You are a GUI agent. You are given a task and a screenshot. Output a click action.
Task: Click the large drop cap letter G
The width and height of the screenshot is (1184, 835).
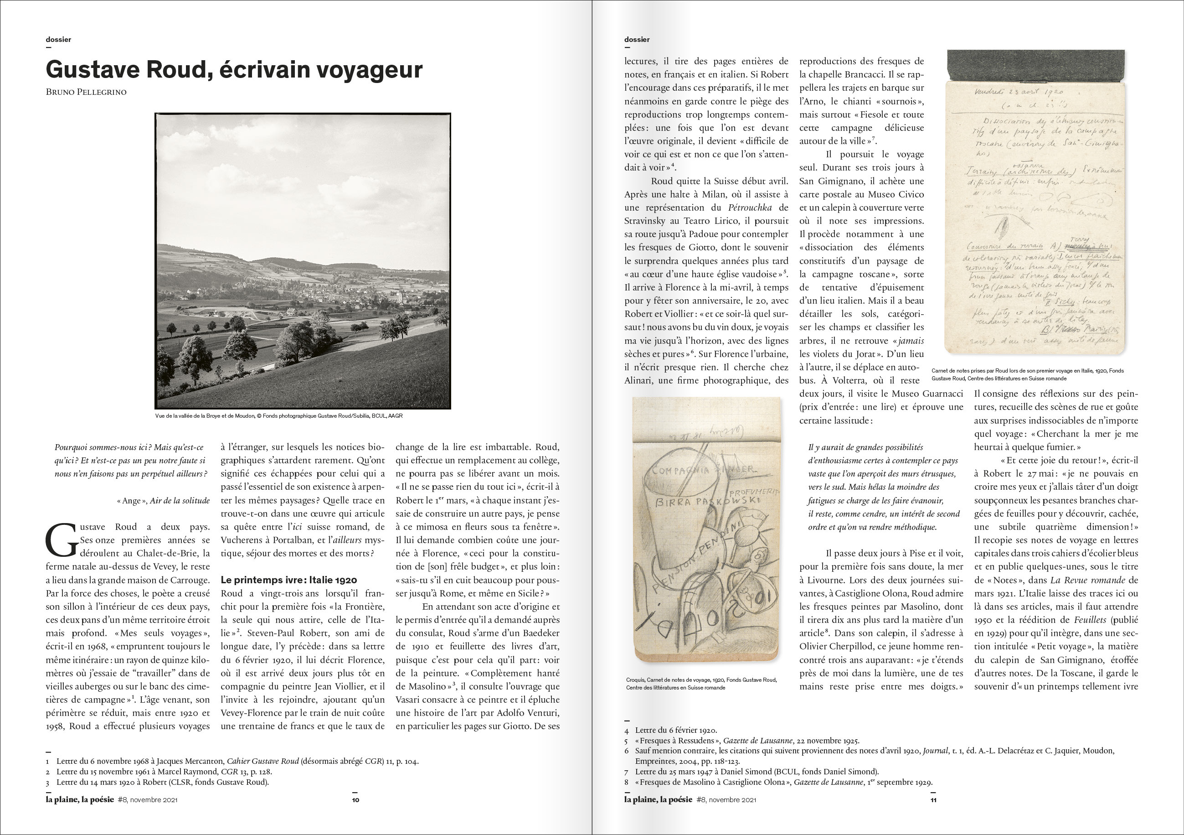(x=62, y=541)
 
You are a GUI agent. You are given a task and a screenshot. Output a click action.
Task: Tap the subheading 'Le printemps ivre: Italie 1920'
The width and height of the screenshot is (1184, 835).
(x=288, y=580)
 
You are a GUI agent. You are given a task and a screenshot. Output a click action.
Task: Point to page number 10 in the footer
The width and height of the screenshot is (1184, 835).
(x=355, y=800)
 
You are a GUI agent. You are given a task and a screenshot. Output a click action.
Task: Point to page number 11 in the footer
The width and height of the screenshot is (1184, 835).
(x=933, y=800)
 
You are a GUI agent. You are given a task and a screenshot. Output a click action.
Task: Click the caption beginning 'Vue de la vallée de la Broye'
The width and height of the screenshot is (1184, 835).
(x=278, y=416)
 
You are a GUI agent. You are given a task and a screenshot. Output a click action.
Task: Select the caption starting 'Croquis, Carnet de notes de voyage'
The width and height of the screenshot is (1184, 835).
(x=701, y=683)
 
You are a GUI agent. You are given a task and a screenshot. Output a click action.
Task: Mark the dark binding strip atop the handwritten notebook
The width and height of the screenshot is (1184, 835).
(x=1035, y=66)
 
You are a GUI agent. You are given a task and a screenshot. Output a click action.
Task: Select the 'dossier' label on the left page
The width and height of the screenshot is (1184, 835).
(x=58, y=40)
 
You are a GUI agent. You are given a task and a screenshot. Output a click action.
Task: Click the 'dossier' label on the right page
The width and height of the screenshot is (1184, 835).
(x=637, y=40)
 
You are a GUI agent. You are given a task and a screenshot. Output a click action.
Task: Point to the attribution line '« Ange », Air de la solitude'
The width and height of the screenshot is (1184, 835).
(x=163, y=501)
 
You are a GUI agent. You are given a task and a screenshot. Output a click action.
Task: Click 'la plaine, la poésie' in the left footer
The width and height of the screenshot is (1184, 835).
(x=80, y=799)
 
